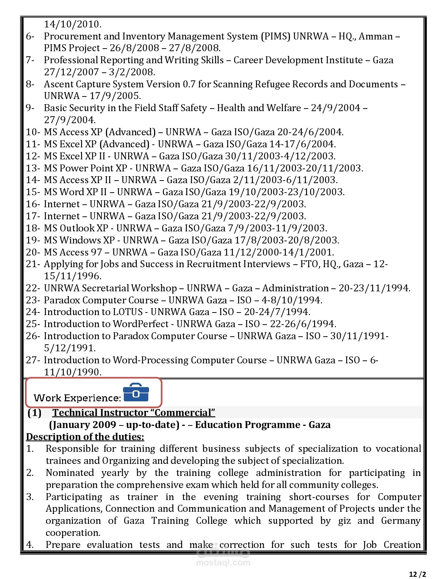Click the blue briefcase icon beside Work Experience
pyautogui.click(x=136, y=393)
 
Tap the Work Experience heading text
pyautogui.click(x=77, y=398)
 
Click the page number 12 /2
pyautogui.click(x=417, y=574)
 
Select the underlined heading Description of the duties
pyautogui.click(x=85, y=437)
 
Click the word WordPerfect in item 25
pyautogui.click(x=141, y=324)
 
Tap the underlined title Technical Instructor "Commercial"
pyautogui.click(x=134, y=413)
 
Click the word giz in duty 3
pyautogui.click(x=344, y=521)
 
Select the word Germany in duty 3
pyautogui.click(x=401, y=521)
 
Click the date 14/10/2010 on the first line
pyautogui.click(x=73, y=24)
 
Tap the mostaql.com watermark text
pyautogui.click(x=223, y=563)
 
